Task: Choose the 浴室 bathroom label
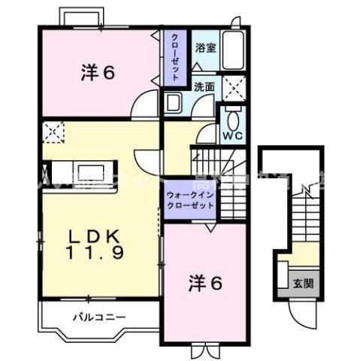point(205,47)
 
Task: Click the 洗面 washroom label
point(204,86)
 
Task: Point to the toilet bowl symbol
point(232,118)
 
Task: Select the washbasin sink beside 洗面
point(174,103)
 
